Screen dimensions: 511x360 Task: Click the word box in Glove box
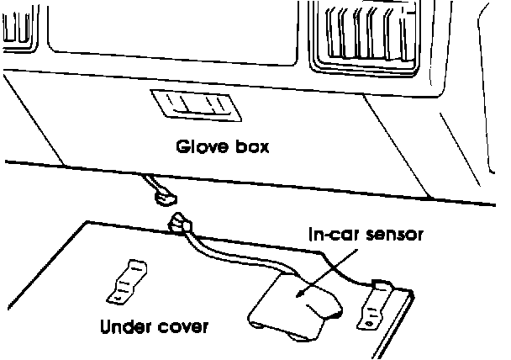[250, 148]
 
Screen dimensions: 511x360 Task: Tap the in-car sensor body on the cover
[290, 307]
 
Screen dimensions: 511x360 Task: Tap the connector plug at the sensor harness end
[182, 224]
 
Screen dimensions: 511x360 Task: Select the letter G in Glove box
[182, 148]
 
